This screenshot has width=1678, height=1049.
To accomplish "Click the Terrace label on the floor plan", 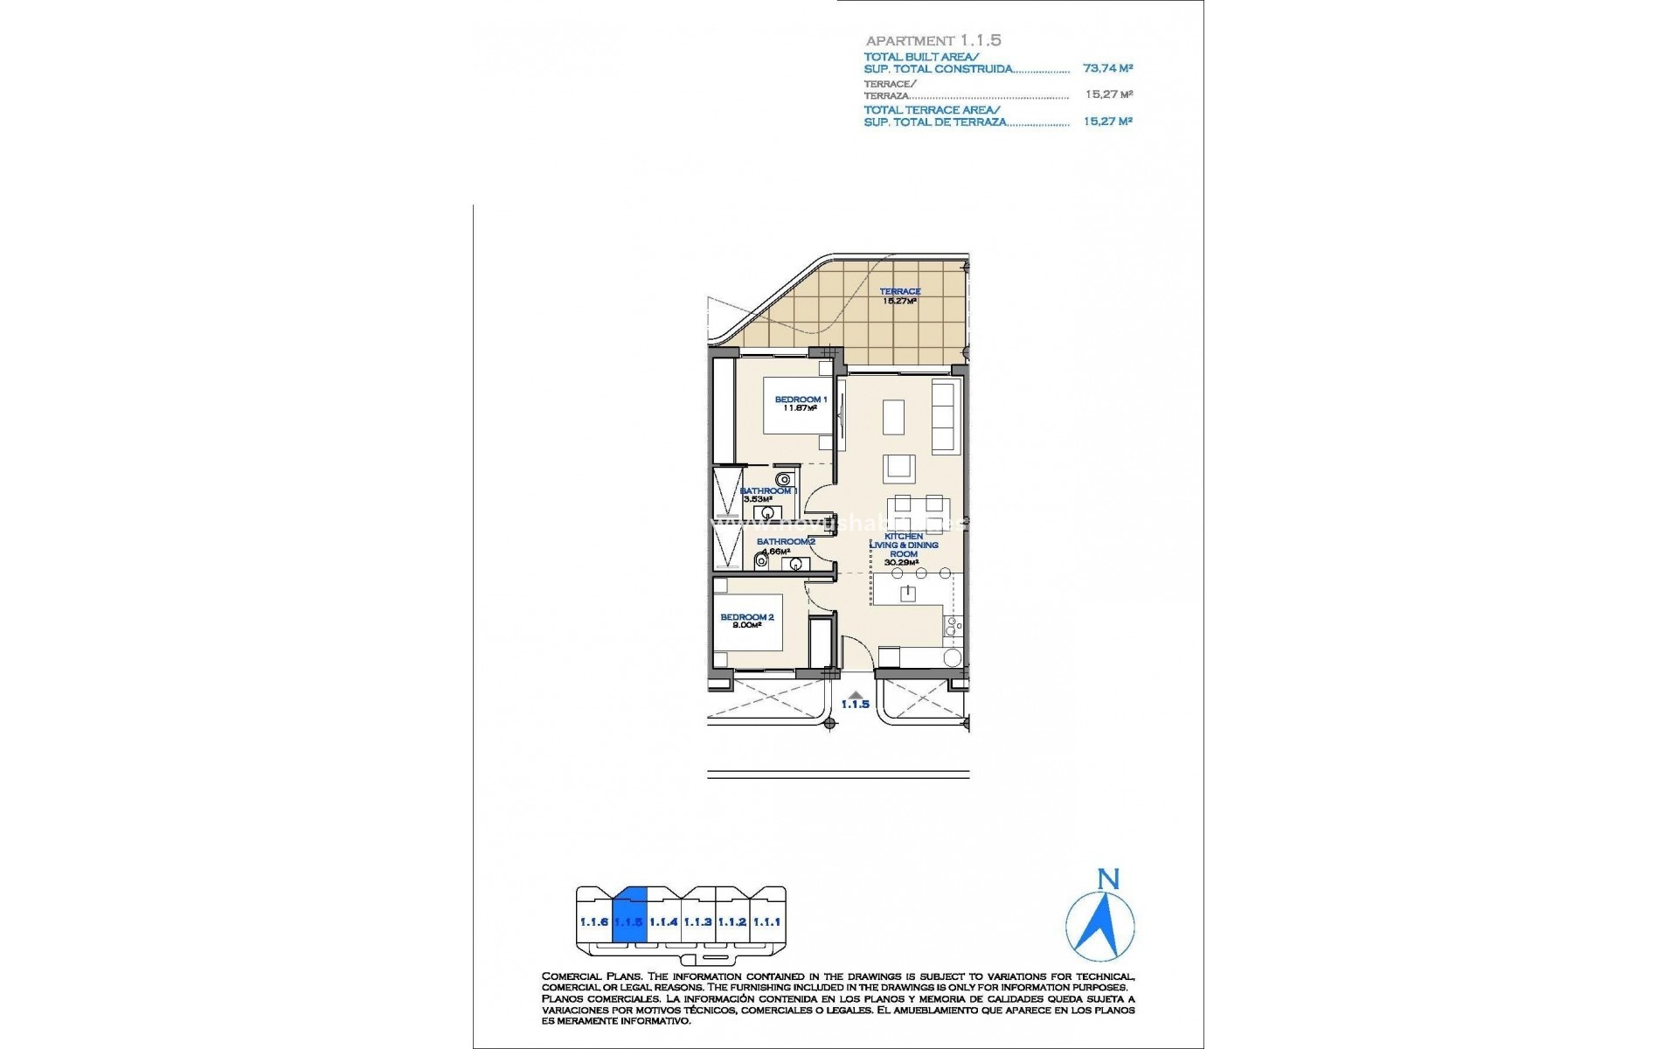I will coord(899,292).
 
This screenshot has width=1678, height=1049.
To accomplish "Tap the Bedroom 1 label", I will coord(800,399).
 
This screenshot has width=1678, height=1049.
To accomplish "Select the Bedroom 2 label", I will coord(746,617).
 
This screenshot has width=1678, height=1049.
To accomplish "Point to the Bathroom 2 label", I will coord(786,542).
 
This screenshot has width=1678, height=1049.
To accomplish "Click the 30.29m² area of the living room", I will coord(903,562).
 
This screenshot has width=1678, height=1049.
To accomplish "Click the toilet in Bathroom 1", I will coord(784,479).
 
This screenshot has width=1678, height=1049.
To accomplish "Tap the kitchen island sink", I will coord(908,594).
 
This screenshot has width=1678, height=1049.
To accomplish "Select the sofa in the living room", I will coord(946,415).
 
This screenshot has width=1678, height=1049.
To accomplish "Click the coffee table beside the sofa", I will coord(893,417).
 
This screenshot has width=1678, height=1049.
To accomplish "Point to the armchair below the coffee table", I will coord(898,469).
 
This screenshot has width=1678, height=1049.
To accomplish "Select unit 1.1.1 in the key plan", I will coord(766,922).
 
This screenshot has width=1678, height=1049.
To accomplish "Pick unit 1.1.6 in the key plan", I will coord(593,922).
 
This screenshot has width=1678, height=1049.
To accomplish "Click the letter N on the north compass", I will coord(1108,879).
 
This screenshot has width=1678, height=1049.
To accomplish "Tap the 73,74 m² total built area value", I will coord(1107,68).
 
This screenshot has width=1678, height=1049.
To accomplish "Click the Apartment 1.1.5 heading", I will coord(933,40).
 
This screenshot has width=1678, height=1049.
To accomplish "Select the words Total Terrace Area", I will coord(931,110).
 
